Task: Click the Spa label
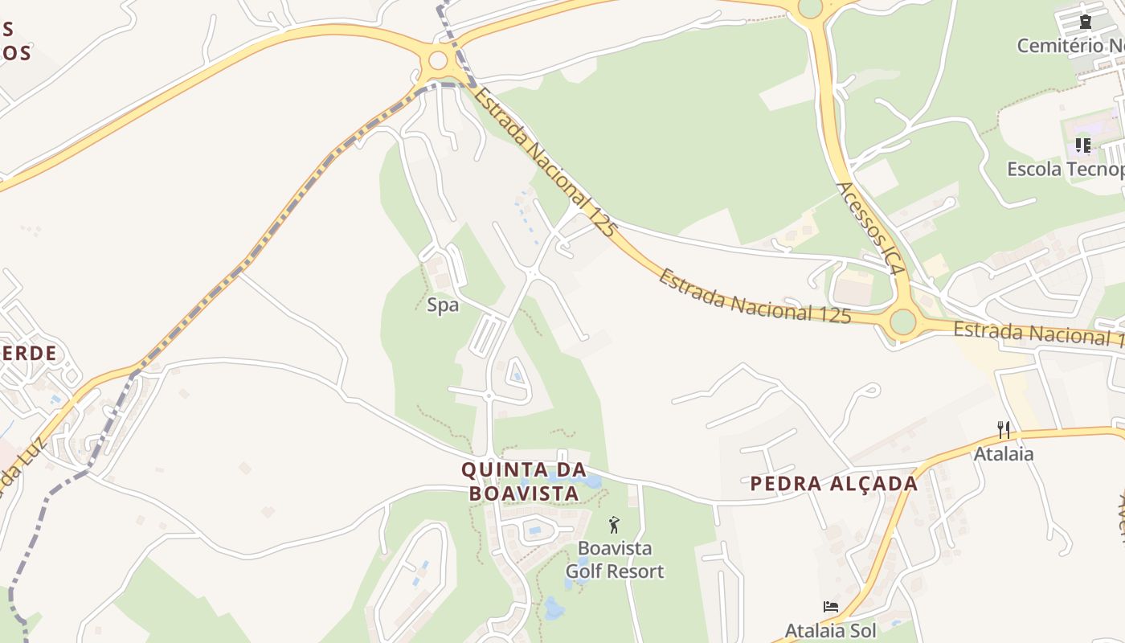[442, 305]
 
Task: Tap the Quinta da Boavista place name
[523, 481]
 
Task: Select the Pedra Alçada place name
[833, 483]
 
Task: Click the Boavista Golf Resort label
[615, 560]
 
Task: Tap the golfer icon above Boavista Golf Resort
[615, 526]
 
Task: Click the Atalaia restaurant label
[1004, 454]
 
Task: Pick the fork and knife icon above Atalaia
[1004, 430]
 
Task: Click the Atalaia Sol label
[830, 630]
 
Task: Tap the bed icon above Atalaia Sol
[831, 607]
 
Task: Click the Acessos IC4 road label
[871, 228]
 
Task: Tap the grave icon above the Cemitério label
[1086, 22]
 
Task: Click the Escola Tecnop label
[1066, 170]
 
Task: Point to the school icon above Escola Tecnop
[1082, 145]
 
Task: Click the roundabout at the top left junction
[438, 60]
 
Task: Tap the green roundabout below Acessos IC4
[902, 321]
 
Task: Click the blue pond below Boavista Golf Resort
[553, 608]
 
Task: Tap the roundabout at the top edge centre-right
[810, 7]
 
